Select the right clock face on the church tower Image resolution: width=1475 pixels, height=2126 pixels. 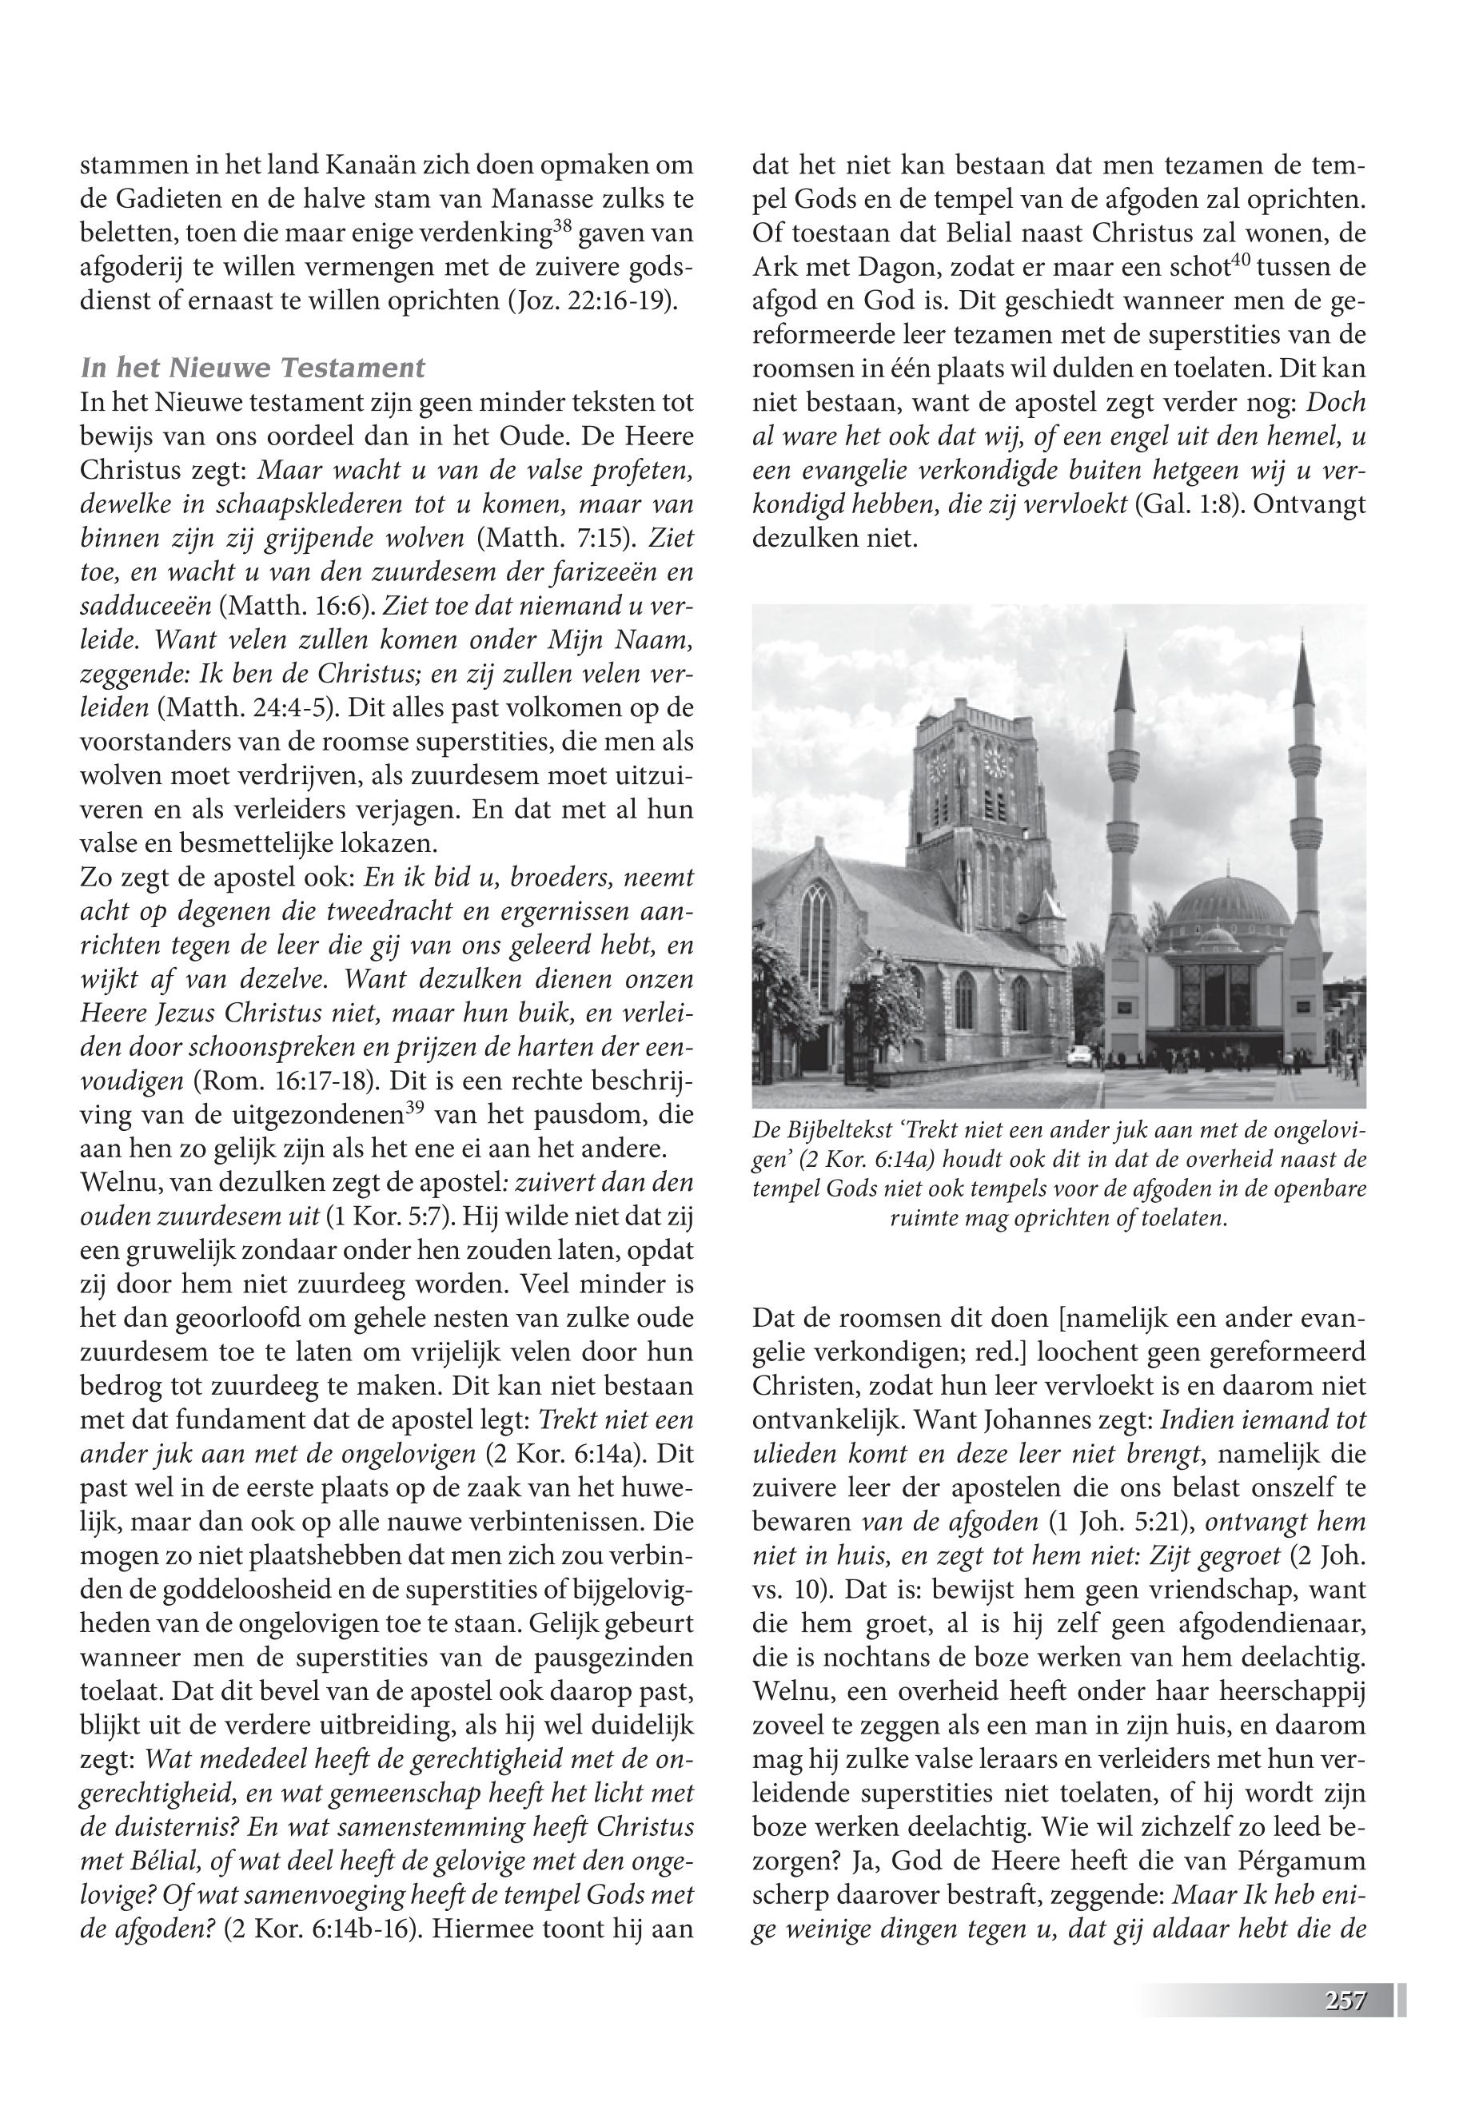click(x=995, y=762)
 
